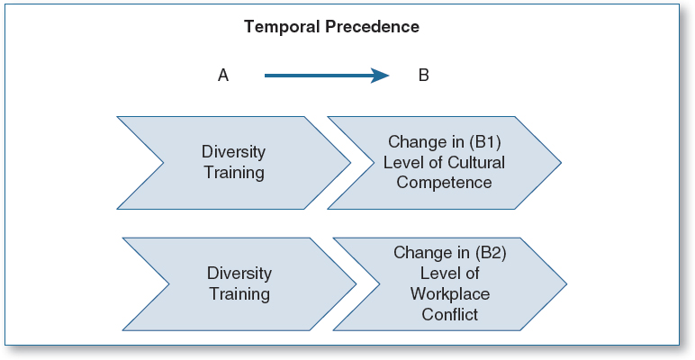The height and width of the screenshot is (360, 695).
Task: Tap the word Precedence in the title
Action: coord(372,27)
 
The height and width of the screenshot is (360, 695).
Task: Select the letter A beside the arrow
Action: coord(223,76)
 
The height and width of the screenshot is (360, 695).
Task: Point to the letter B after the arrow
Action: coord(423,76)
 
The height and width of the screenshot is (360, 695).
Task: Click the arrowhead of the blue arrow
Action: coord(380,76)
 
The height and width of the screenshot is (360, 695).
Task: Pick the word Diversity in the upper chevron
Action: coord(233,152)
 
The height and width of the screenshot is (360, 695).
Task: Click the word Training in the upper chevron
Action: coord(234,173)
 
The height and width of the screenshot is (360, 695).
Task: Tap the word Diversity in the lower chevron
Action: coord(239,274)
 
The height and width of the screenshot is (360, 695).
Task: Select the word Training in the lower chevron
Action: coord(239,294)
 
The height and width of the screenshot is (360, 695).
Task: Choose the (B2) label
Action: coord(492,253)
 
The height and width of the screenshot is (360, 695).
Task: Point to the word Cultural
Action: coord(476,163)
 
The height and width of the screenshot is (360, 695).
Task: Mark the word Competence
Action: coord(444,183)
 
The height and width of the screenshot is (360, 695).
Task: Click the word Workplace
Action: coord(450,294)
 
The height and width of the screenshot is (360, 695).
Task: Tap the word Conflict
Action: coord(450,314)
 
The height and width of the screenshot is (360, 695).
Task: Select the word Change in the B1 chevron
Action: coord(415,143)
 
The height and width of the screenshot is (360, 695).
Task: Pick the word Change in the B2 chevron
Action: coord(420,253)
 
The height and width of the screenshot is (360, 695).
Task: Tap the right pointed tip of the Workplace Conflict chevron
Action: coord(566,283)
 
